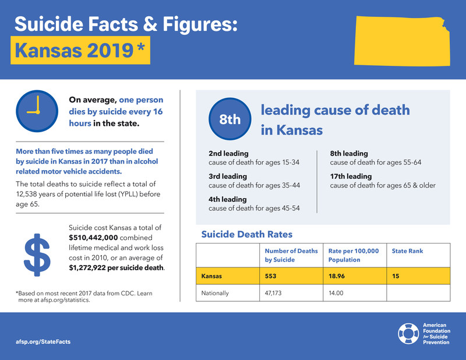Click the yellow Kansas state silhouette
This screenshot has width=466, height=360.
[402, 41]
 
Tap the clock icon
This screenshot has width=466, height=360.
[37, 111]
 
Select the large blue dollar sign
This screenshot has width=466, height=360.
[37, 255]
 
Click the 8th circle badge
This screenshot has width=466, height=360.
[230, 119]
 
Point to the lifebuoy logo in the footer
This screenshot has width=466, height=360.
[408, 334]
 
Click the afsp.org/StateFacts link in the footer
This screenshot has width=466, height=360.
[43, 341]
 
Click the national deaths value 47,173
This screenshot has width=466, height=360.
[273, 293]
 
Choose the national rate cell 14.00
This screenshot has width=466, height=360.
[336, 293]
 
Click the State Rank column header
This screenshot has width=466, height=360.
[407, 251]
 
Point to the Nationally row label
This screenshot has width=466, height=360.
[215, 293]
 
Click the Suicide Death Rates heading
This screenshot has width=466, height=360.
[246, 234]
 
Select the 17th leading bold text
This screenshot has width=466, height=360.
[351, 177]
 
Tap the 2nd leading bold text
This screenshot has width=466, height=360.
[228, 153]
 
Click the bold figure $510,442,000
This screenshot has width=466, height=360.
[93, 238]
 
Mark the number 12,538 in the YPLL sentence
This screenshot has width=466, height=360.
[26, 194]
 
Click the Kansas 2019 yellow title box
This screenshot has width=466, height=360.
[80, 50]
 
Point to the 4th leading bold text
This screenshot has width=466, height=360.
[227, 199]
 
